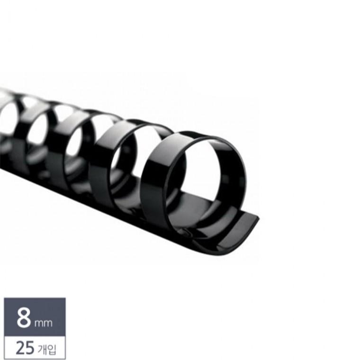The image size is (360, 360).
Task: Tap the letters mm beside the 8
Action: tap(44, 323)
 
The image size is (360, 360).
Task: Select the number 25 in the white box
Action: tap(25, 348)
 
